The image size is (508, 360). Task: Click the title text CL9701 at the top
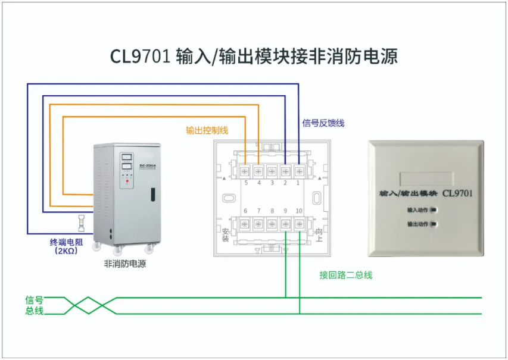click(x=141, y=57)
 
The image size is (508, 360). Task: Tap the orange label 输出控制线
click(x=207, y=130)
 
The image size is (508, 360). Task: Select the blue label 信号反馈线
click(x=323, y=123)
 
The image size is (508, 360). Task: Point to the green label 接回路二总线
click(x=346, y=275)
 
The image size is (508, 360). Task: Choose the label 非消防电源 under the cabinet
click(x=124, y=264)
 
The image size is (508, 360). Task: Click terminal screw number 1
click(x=299, y=171)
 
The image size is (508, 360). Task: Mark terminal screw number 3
click(x=272, y=171)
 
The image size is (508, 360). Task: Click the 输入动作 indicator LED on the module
click(x=434, y=209)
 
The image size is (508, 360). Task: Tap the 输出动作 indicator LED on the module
click(x=434, y=224)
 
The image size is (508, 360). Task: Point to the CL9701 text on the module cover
click(x=458, y=193)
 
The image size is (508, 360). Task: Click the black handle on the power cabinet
click(x=152, y=194)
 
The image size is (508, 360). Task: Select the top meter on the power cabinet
click(x=126, y=157)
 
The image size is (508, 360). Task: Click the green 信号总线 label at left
click(x=34, y=305)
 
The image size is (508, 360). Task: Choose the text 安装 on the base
click(x=225, y=234)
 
